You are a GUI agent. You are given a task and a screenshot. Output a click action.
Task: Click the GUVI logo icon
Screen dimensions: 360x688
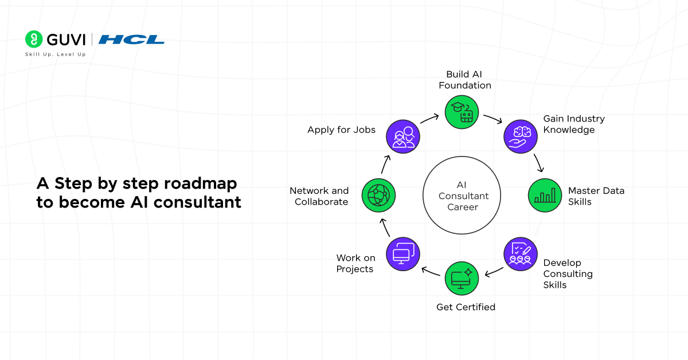[34, 39]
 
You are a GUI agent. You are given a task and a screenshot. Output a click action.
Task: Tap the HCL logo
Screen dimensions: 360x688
[131, 40]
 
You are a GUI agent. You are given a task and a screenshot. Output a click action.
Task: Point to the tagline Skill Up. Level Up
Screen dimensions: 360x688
[55, 54]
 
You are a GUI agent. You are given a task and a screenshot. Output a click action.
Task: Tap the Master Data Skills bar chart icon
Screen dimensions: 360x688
[545, 195]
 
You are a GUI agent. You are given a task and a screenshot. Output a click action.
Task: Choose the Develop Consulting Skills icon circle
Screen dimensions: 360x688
[521, 253]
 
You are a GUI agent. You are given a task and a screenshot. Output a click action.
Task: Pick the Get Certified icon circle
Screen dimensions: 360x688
[462, 278]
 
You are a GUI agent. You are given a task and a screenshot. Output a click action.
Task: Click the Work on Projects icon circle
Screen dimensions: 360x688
[403, 254]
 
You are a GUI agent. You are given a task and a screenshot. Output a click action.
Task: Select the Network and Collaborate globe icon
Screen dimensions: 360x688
[378, 196]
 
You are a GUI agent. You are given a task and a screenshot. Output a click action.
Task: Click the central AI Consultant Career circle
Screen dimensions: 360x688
[463, 196]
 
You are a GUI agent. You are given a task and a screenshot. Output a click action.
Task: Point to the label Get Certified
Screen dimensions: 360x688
[466, 307]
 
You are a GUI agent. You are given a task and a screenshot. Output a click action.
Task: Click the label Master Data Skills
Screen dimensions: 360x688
[596, 196]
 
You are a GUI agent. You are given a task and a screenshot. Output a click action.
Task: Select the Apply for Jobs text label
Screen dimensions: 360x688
[341, 130]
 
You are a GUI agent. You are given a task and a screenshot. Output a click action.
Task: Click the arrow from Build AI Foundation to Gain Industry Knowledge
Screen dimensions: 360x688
[492, 119]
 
